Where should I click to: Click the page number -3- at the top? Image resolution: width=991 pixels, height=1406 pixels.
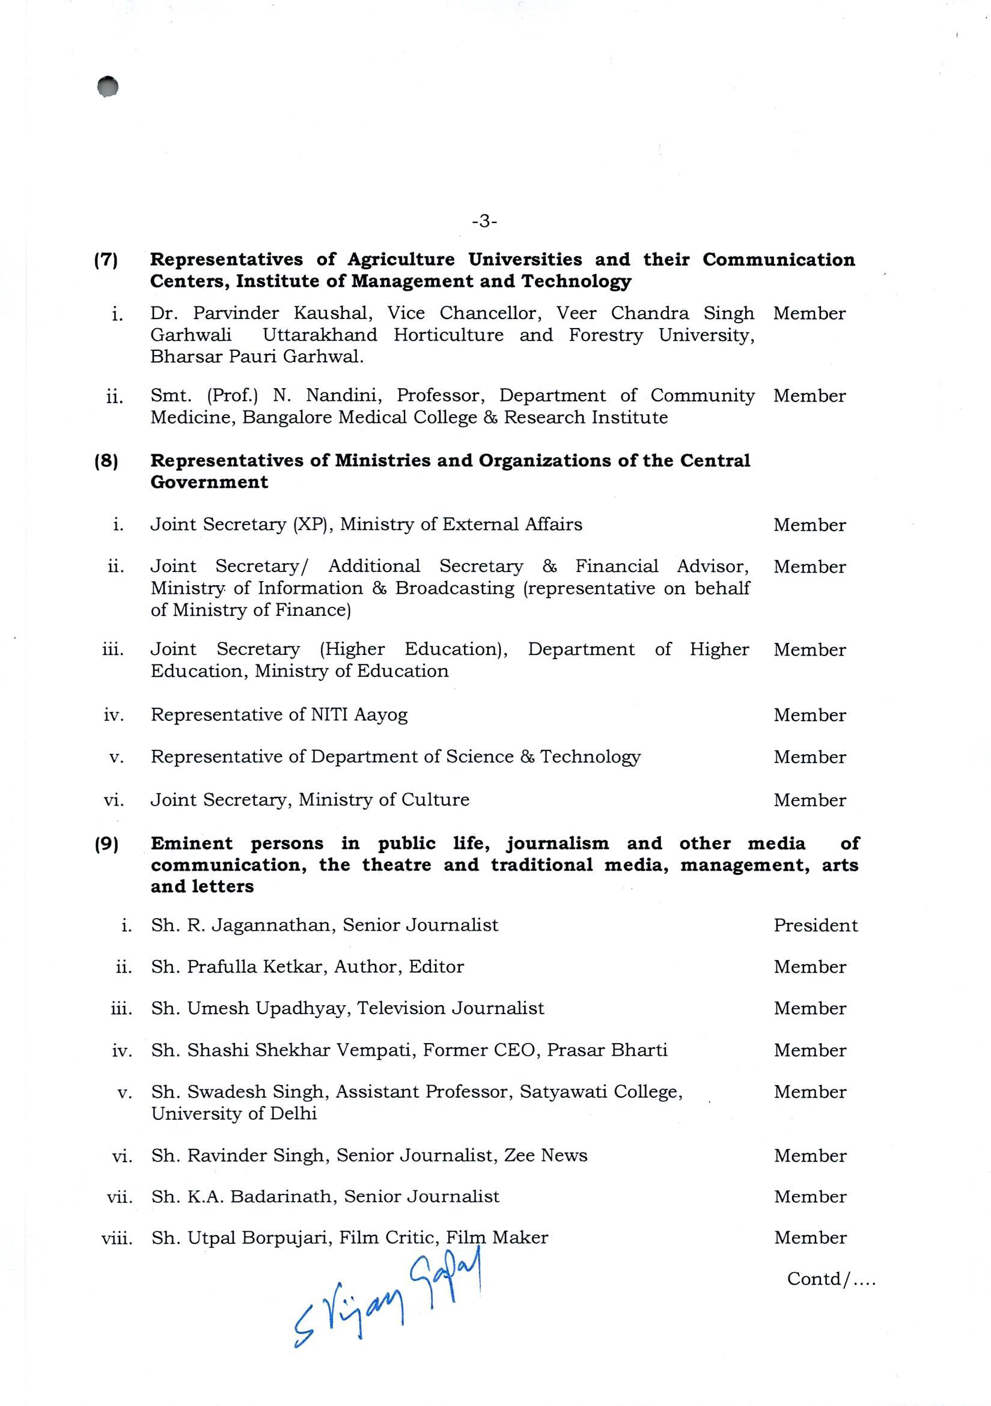click(484, 221)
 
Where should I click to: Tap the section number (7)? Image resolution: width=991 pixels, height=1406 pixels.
click(106, 260)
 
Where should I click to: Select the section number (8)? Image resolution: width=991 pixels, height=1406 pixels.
click(106, 460)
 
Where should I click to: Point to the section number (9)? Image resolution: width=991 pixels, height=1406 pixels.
click(106, 844)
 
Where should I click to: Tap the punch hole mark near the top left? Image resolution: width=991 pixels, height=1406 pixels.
click(108, 87)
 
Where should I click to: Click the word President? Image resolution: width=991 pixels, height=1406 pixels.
click(816, 925)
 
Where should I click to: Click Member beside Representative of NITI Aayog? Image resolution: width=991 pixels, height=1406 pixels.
click(809, 715)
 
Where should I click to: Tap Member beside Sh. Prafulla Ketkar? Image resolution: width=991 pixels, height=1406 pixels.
click(810, 967)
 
